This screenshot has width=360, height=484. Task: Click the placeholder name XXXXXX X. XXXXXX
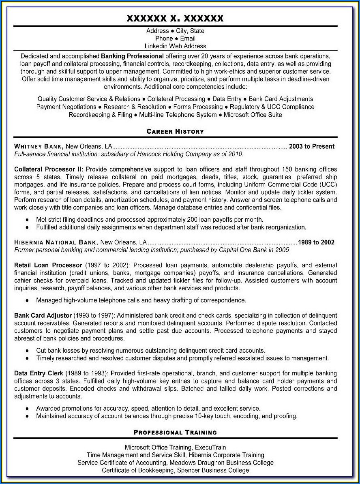coord(175,18)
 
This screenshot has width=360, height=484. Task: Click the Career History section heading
coord(175,131)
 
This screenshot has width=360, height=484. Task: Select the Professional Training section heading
coord(175,432)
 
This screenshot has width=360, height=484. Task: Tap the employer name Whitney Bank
coord(39,146)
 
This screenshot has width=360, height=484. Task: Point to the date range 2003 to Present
coord(312,146)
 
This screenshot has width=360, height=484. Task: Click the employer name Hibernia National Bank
coord(56,242)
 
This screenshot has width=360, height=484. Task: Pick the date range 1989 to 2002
coord(316,242)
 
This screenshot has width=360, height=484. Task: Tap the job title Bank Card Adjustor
coord(43,315)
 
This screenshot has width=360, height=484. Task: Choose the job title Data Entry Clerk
coord(39,373)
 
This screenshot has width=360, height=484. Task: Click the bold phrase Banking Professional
coord(133,56)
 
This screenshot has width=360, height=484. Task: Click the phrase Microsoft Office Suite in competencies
coord(253,115)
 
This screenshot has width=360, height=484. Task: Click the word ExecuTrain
coord(212,447)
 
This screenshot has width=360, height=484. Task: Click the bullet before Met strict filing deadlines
coord(27,219)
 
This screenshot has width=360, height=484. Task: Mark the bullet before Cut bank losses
coord(27,350)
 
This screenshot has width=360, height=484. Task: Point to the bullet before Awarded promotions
coord(27,408)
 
